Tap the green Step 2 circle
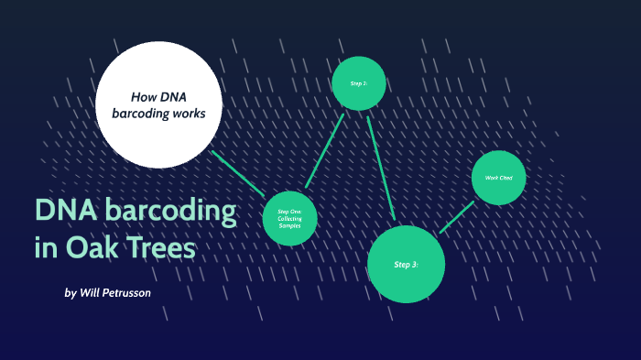point(358,83)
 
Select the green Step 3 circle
point(406,264)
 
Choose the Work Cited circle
point(499,177)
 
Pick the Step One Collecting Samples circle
point(289,218)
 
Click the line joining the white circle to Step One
point(237,172)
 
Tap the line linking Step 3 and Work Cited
point(457,216)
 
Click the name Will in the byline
point(90,293)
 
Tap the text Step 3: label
point(406,265)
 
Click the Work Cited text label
point(498,177)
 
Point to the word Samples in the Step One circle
point(289,225)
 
